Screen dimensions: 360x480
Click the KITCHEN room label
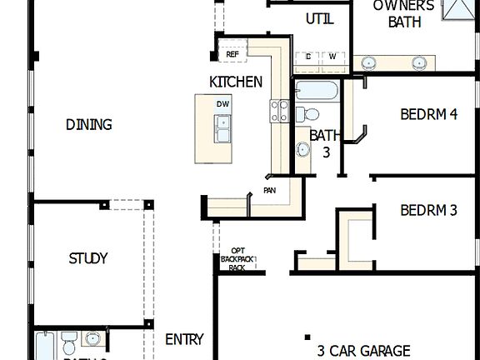tap(236, 82)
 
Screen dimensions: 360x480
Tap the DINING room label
tap(88, 125)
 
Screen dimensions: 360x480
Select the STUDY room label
tap(88, 258)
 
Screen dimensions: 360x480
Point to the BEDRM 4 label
tap(428, 115)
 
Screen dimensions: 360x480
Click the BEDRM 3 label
tap(428, 211)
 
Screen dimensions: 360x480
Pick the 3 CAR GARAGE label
tap(363, 351)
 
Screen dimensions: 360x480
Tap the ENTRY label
tap(184, 339)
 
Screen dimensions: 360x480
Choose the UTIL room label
tap(320, 19)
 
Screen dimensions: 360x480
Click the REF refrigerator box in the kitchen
tap(232, 55)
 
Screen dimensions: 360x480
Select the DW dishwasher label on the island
tap(222, 103)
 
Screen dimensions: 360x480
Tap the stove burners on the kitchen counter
tap(279, 110)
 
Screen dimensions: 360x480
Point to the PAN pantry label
tap(270, 190)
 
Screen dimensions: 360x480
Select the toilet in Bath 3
tap(309, 114)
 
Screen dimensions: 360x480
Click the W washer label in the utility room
tap(332, 57)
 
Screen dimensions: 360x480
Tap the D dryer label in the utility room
tap(308, 57)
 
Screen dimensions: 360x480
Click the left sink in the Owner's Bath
tap(367, 62)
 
